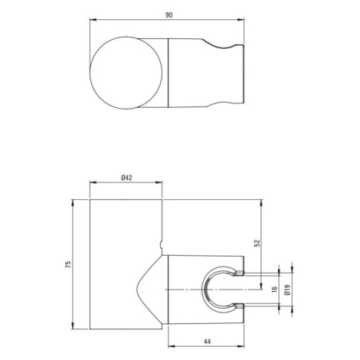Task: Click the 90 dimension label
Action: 169,15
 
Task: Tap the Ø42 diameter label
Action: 126,178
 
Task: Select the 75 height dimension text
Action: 68,264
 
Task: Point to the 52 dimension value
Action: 257,243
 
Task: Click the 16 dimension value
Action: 274,290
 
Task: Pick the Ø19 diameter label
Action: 287,290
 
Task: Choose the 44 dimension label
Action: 208,342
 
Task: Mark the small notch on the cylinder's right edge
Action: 161,245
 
